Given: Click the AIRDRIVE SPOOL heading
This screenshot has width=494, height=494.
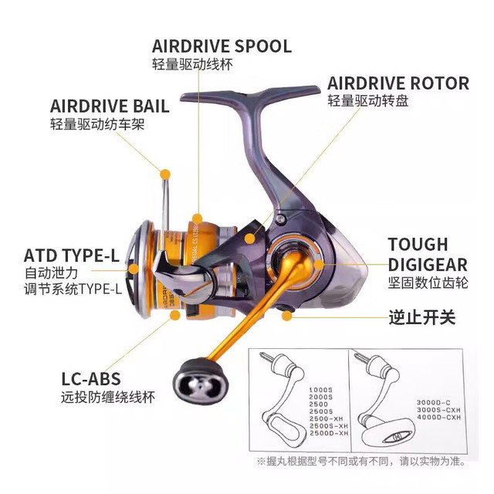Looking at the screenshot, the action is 222,46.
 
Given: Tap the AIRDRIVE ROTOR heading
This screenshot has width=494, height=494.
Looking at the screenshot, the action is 398,83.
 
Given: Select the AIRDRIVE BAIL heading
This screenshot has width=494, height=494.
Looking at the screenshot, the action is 110,106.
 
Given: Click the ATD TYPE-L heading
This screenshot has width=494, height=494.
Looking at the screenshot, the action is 72,255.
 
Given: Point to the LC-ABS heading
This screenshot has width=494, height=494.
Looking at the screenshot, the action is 91,379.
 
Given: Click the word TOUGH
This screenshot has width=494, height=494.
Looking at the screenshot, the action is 418,245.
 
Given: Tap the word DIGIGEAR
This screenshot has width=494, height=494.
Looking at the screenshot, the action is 428,265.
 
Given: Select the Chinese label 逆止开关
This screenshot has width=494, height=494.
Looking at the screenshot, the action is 422,317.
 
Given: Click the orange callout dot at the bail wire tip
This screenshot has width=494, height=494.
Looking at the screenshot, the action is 165,174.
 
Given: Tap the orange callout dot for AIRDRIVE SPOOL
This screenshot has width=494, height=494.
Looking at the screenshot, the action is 198,218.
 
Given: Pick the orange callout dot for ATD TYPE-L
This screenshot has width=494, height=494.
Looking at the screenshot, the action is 134,269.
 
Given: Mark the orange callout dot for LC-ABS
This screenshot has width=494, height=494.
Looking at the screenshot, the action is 175,315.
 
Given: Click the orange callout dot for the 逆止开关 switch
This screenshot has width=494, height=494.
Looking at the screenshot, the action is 286,316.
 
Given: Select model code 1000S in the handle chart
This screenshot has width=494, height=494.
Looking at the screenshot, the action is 321,390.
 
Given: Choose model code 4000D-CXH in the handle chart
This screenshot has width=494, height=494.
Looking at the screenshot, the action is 439,417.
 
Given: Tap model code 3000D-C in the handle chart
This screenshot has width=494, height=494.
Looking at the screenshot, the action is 434,403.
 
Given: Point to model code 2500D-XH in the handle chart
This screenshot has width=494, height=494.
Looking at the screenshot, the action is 329,433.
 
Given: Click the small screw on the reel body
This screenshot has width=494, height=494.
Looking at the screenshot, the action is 280,218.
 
